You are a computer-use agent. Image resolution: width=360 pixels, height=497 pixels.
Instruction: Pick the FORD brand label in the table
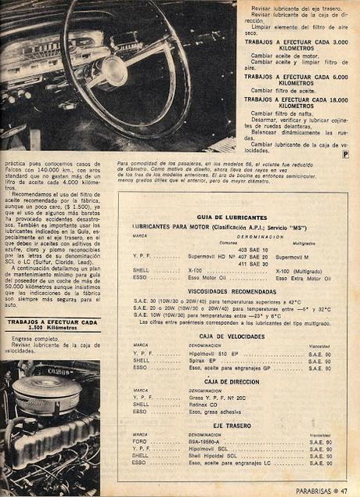click(140, 441)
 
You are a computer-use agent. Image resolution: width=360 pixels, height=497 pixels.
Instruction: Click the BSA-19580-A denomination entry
click(207, 441)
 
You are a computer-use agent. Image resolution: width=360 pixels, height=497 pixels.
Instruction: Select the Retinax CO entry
click(203, 404)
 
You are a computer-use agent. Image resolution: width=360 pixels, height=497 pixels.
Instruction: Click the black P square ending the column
click(345, 153)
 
